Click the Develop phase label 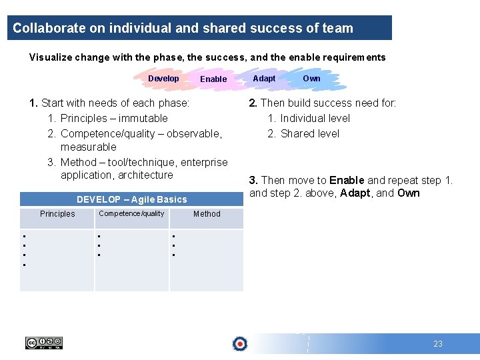click(163, 79)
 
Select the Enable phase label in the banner click(213, 79)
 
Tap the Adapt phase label click(264, 79)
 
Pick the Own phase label click(311, 79)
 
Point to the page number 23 click(437, 344)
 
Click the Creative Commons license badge click(43, 343)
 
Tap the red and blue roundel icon click(239, 344)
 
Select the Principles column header click(57, 214)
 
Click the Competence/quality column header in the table click(131, 214)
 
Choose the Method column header click(207, 214)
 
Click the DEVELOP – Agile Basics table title click(132, 199)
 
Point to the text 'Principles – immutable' click(114, 118)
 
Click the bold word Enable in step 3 click(347, 180)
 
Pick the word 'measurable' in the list click(88, 147)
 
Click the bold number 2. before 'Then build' click(253, 103)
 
